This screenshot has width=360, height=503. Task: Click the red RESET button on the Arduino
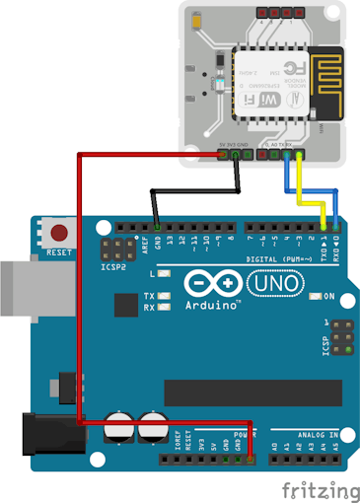60,235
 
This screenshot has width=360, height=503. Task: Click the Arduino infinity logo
211,285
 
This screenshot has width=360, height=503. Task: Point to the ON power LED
316,296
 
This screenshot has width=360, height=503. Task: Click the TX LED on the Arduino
165,296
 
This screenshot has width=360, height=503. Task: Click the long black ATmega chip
252,392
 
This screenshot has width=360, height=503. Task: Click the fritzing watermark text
319,488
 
